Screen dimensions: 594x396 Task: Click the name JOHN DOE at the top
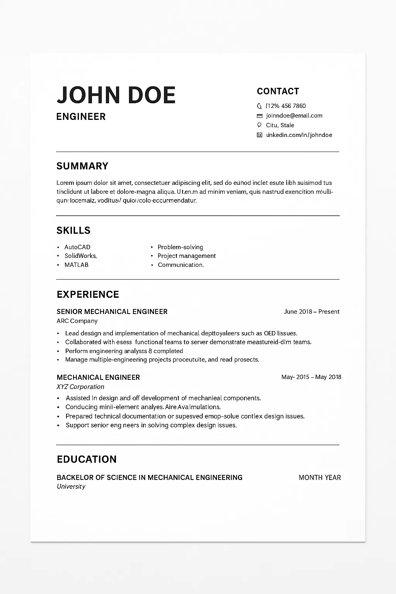(x=116, y=95)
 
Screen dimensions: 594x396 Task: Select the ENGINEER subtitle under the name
(x=81, y=117)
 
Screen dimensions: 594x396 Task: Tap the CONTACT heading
(x=278, y=91)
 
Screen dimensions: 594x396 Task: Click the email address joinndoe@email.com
(x=294, y=116)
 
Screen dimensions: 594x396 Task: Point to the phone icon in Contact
(x=259, y=106)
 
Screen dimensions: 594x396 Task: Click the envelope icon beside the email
(x=259, y=116)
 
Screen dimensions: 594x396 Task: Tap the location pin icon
(x=259, y=125)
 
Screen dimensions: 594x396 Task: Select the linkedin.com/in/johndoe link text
(x=299, y=135)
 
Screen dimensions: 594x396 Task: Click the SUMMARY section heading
(x=82, y=166)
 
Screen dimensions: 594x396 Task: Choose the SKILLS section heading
(x=73, y=230)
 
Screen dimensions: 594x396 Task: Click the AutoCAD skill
(x=77, y=247)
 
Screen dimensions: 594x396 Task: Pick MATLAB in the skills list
(x=76, y=265)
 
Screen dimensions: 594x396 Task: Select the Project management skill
(x=186, y=256)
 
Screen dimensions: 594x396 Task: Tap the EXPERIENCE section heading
(x=88, y=295)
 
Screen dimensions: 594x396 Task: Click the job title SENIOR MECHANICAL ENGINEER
(x=112, y=312)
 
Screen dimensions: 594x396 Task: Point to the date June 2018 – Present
(x=311, y=312)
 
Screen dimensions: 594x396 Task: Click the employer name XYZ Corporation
(x=80, y=387)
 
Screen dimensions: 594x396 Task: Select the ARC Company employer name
(x=77, y=321)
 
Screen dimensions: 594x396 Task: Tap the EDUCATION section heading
(x=87, y=459)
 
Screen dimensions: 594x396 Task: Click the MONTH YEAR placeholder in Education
(x=319, y=478)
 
